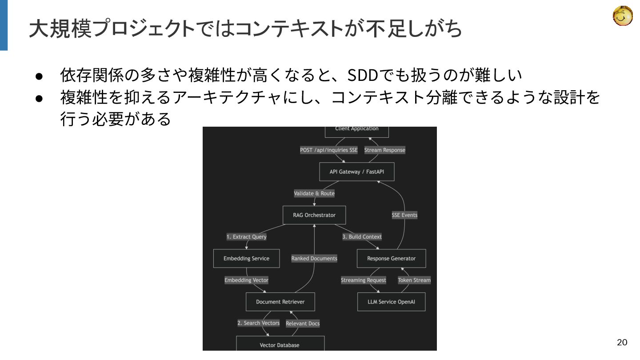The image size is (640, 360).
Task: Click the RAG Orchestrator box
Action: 314,215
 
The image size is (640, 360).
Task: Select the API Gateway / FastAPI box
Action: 356,172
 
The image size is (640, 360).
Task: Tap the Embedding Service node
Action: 246,258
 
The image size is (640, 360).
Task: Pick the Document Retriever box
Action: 280,302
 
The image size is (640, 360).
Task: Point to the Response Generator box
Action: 391,258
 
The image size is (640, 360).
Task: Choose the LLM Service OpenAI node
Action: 391,302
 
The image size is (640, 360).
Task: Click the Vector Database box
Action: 280,345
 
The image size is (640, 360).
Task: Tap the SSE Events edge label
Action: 404,215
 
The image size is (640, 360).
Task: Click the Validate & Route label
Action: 314,193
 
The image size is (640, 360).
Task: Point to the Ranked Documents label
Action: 314,258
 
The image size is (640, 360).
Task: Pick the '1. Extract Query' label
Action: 246,237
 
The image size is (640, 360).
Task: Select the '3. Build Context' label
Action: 362,237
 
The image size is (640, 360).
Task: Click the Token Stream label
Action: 414,280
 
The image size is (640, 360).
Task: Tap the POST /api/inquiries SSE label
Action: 329,150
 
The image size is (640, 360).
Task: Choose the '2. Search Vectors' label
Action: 259,323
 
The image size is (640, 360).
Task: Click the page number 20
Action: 622,342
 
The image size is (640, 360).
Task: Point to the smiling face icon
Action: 623,16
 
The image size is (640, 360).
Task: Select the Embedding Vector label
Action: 246,280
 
